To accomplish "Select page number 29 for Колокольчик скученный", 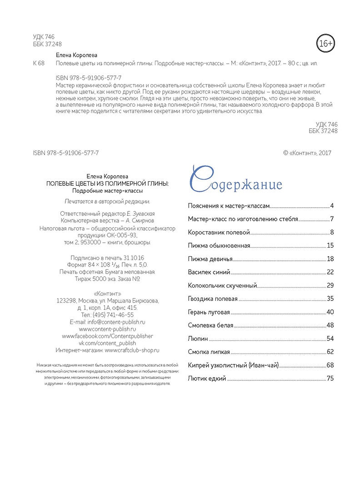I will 330,286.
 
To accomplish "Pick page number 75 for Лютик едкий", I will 330,378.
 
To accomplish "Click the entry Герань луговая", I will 209,312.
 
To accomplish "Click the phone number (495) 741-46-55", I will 113,314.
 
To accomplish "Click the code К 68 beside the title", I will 39,64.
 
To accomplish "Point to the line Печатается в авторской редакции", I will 107,201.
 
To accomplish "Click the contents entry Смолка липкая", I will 209,352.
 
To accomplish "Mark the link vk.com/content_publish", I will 107,343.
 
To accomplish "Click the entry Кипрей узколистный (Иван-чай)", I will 233,365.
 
